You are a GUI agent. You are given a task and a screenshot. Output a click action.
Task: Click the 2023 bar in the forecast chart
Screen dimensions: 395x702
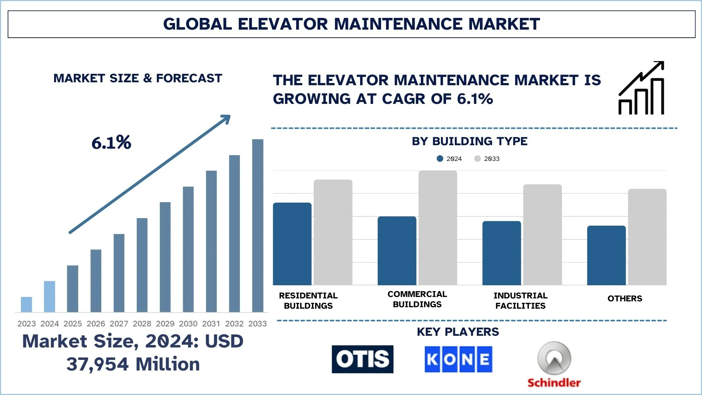point(26,304)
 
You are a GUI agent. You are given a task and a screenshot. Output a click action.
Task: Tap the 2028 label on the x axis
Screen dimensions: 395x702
point(142,324)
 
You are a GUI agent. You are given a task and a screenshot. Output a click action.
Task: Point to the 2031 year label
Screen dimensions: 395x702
point(211,324)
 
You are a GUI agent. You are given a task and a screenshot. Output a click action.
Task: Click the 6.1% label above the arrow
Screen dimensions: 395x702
point(111,143)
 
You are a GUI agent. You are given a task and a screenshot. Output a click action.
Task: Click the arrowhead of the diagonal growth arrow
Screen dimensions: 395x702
point(226,119)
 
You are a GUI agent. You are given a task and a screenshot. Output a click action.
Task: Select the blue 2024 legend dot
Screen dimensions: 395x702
point(440,159)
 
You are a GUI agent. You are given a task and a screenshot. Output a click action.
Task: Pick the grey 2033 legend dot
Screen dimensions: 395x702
point(478,159)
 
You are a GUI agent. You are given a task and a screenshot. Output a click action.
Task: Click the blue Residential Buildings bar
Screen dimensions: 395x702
point(292,244)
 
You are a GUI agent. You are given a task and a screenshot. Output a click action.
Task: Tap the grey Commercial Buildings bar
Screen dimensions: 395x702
point(438,228)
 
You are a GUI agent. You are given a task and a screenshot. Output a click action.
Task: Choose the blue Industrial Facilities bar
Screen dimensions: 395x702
point(502,253)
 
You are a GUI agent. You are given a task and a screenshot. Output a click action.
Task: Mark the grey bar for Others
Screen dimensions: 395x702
point(647,237)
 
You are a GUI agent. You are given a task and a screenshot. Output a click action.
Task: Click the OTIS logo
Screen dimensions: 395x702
point(362,359)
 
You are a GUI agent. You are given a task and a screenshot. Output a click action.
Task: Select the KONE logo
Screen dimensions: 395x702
point(458,359)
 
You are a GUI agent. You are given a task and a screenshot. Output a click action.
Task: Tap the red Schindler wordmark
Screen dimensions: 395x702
point(554,383)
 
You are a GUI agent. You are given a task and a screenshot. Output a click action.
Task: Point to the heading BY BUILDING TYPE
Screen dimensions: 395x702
point(469,141)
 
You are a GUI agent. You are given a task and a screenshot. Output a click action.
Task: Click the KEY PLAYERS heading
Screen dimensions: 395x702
point(458,332)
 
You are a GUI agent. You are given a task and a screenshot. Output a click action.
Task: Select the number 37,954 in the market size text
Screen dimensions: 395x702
point(98,364)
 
